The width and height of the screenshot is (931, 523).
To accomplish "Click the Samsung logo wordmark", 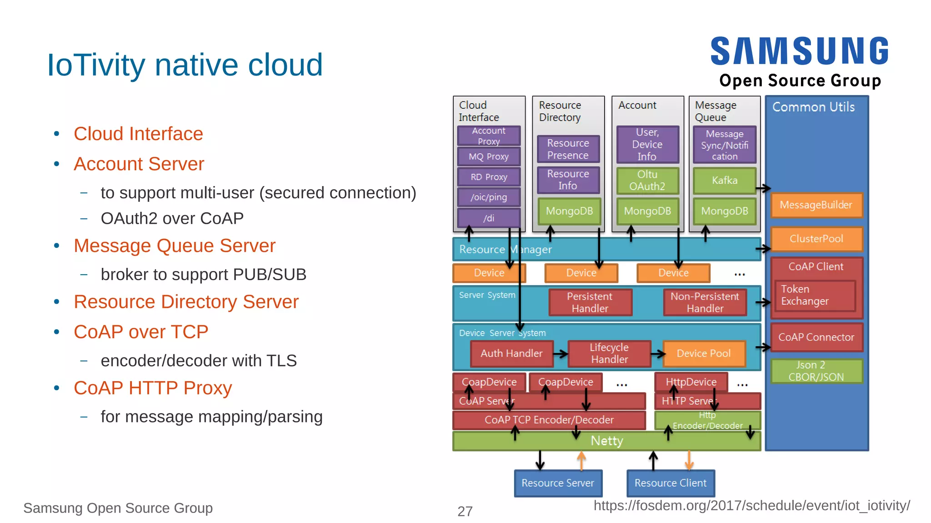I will click(799, 51).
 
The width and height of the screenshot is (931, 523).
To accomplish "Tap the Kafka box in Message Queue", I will click(724, 181).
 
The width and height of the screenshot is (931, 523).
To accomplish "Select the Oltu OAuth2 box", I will click(647, 181).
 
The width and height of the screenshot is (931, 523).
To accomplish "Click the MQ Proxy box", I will click(489, 156).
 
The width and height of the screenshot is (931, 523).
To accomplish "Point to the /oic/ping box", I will click(489, 197).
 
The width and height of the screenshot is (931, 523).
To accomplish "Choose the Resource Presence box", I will click(568, 149).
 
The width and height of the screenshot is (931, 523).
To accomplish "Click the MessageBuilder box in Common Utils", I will click(816, 205).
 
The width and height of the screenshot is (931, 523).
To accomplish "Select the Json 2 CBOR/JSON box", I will click(816, 371).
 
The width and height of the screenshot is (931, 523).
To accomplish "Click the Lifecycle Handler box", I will click(609, 353).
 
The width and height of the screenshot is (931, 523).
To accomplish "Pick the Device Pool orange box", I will click(704, 353).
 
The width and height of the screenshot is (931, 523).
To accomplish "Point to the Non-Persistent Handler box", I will click(705, 302).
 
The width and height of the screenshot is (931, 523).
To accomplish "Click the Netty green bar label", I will click(606, 441).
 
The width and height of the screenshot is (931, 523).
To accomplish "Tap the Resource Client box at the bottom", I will click(671, 483).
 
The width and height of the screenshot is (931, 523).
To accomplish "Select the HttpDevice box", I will click(691, 382).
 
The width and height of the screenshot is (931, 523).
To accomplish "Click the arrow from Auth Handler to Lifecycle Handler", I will click(561, 354).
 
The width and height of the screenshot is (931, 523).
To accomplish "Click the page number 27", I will click(465, 511).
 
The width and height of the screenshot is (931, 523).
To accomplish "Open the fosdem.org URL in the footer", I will click(751, 506).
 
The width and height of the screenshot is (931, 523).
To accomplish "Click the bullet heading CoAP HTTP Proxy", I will click(153, 388).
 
